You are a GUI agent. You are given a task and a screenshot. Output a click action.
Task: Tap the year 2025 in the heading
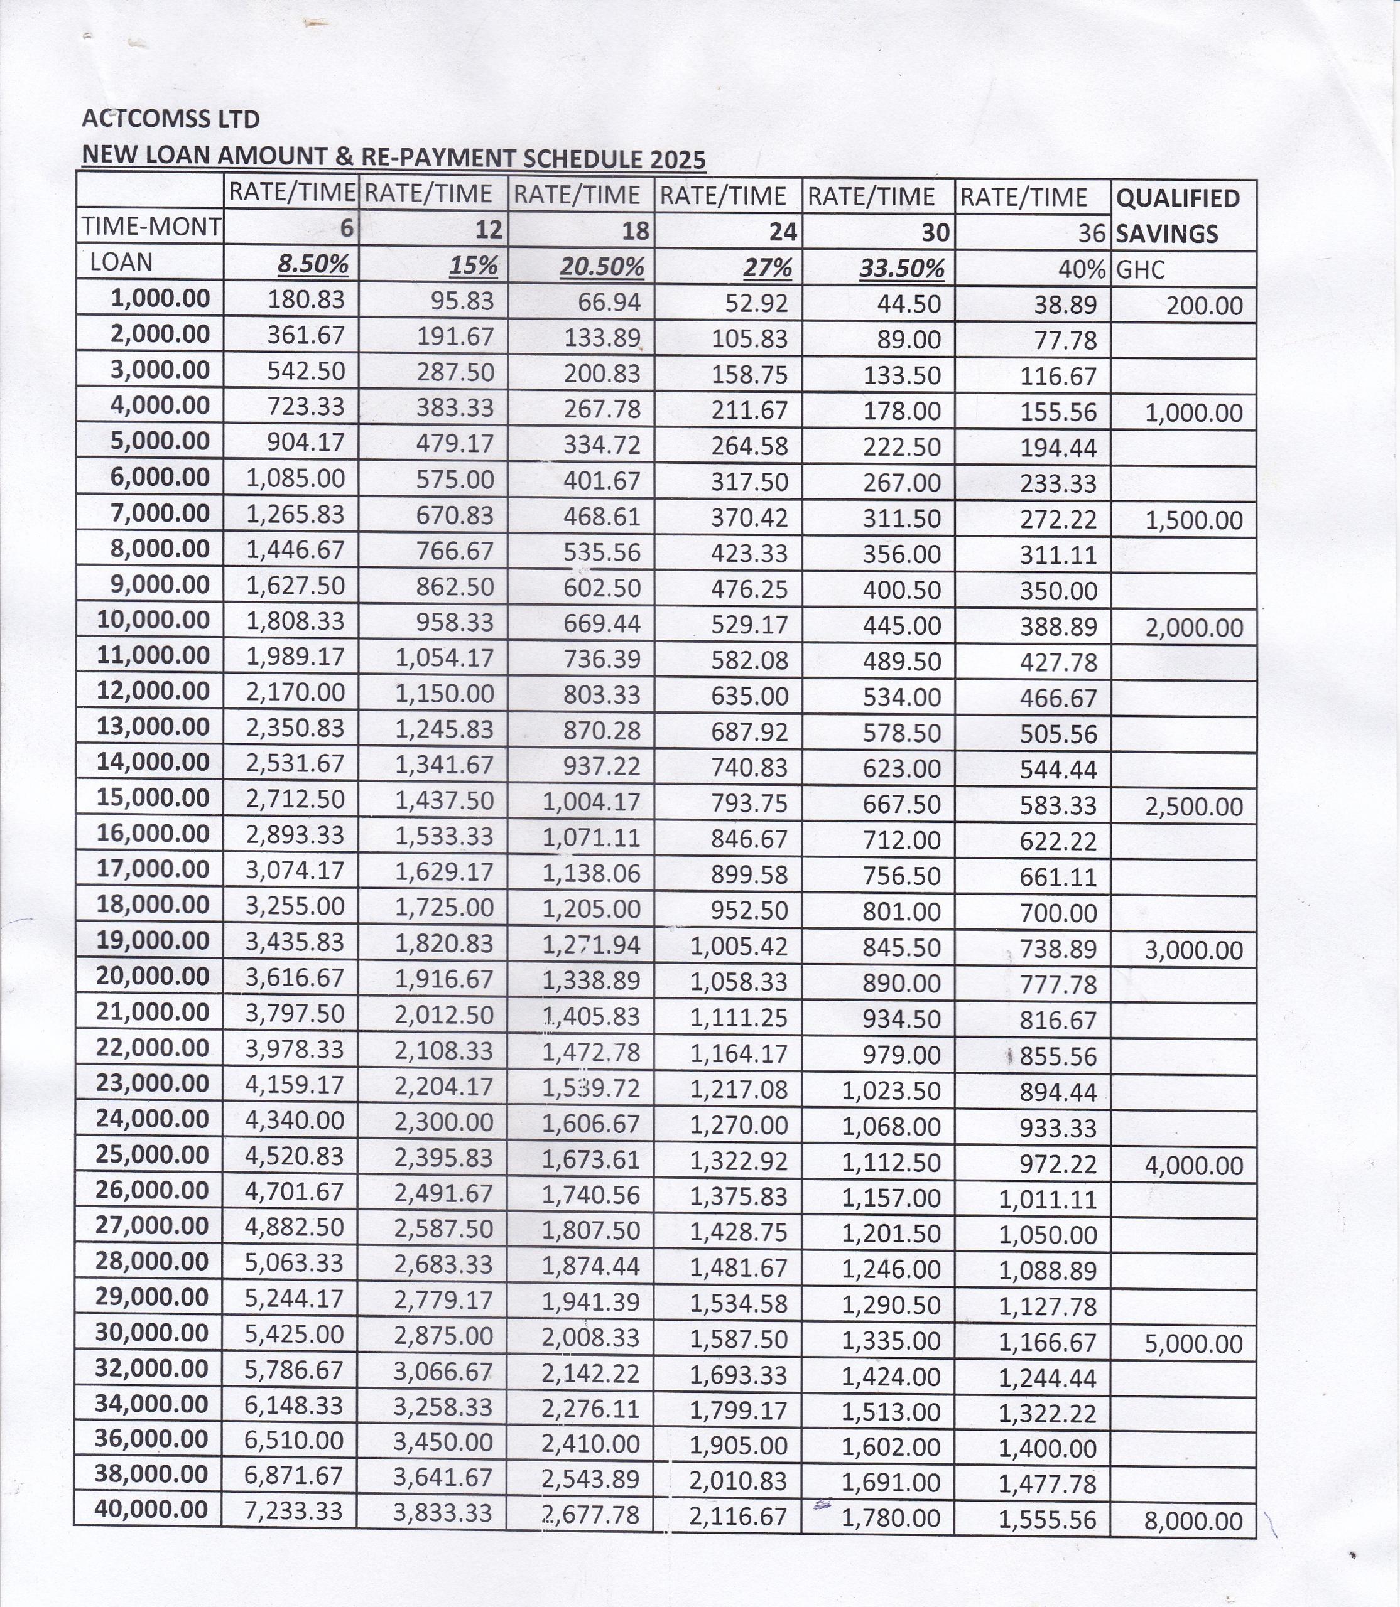(676, 159)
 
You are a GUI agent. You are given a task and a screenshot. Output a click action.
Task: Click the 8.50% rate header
(313, 265)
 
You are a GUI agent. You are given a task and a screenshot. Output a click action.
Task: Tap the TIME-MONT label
(151, 227)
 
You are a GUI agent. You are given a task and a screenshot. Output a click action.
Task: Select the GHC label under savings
(1141, 270)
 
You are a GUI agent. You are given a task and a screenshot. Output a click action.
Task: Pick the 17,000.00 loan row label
(153, 869)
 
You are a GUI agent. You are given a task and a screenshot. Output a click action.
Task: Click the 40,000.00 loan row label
(151, 1510)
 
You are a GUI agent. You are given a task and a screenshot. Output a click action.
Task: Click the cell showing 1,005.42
(739, 947)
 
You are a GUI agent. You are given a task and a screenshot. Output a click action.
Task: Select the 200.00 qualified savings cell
(1204, 305)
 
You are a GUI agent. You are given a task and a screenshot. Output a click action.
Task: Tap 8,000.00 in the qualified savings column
(1193, 1521)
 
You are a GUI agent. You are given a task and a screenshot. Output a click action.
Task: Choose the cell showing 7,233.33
(294, 1511)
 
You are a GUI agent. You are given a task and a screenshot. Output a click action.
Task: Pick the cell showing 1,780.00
(891, 1518)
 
